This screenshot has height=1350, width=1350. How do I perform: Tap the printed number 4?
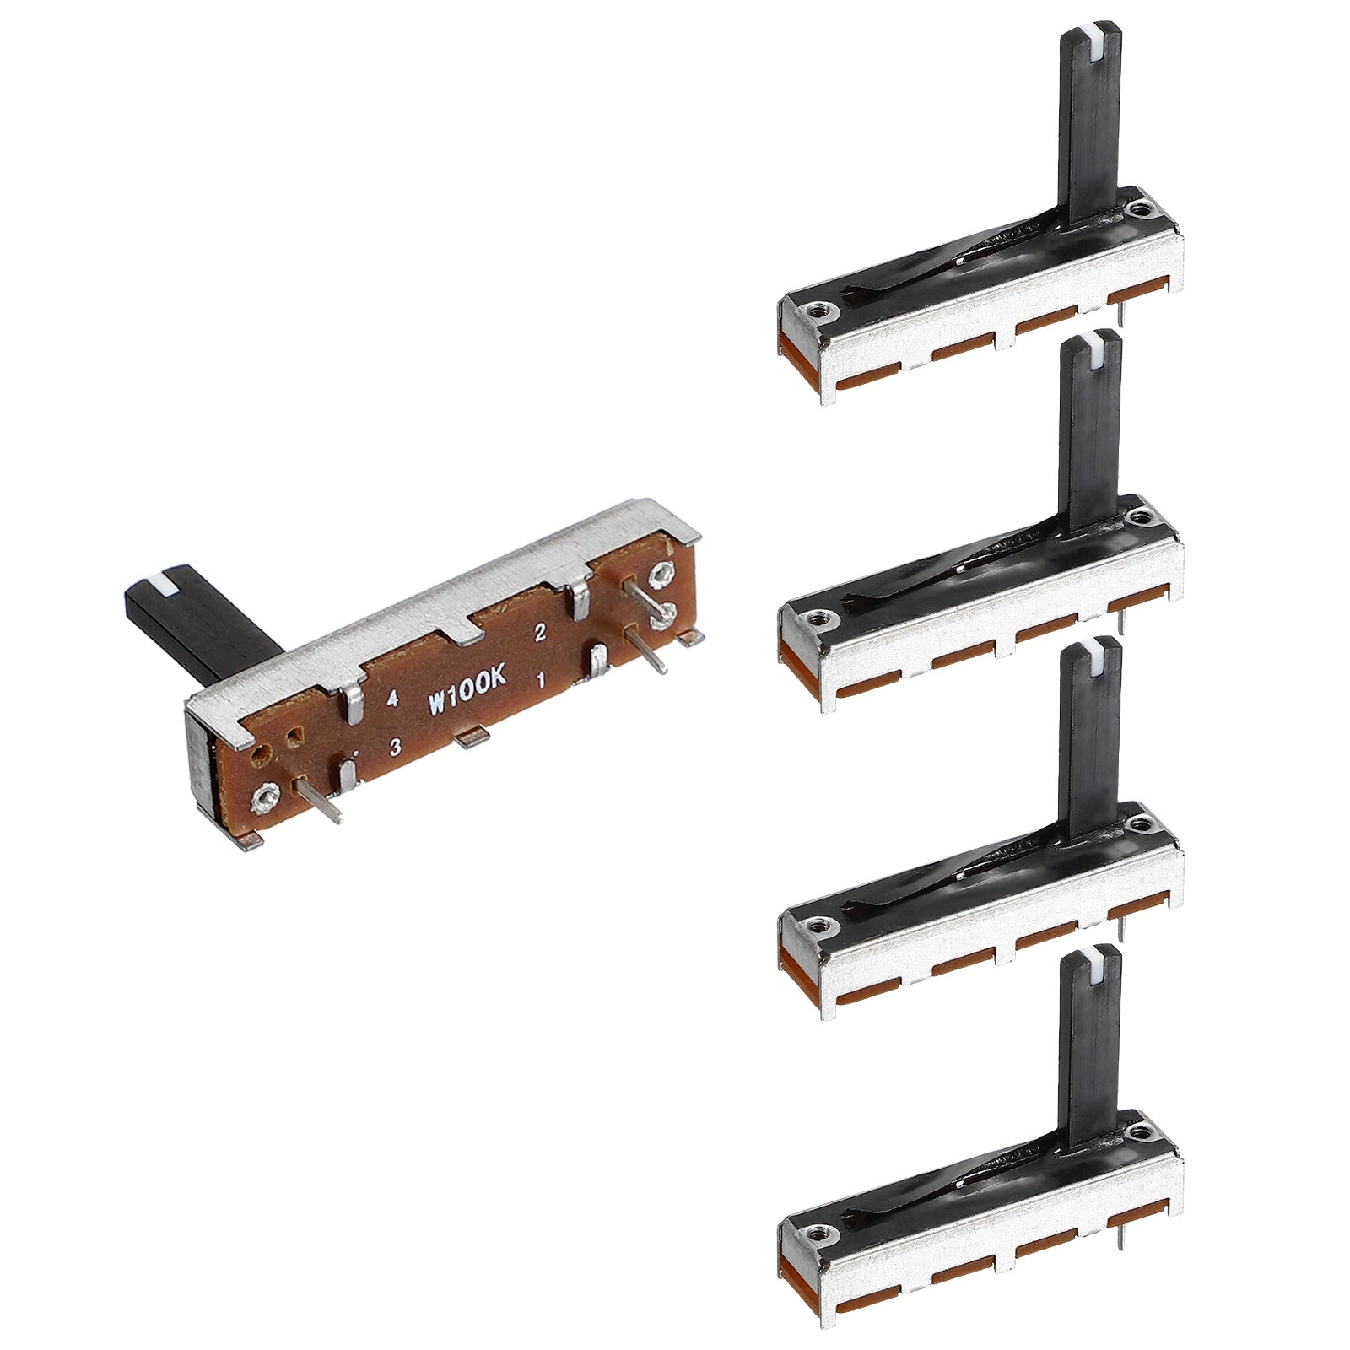(392, 698)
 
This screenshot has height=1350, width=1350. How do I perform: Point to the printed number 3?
(394, 747)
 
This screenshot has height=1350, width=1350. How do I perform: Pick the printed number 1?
(540, 678)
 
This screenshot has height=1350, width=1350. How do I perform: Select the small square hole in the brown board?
(295, 738)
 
